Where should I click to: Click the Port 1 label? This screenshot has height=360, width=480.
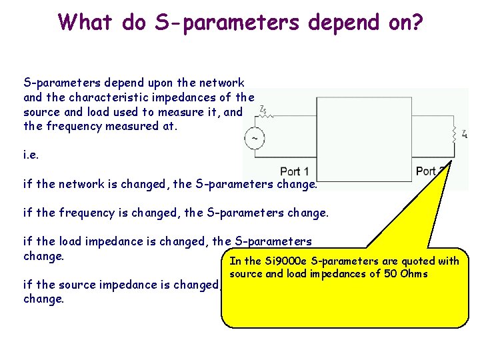point(295,171)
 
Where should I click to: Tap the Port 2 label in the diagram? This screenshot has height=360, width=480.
point(431,171)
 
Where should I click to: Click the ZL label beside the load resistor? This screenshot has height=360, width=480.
point(464,135)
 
